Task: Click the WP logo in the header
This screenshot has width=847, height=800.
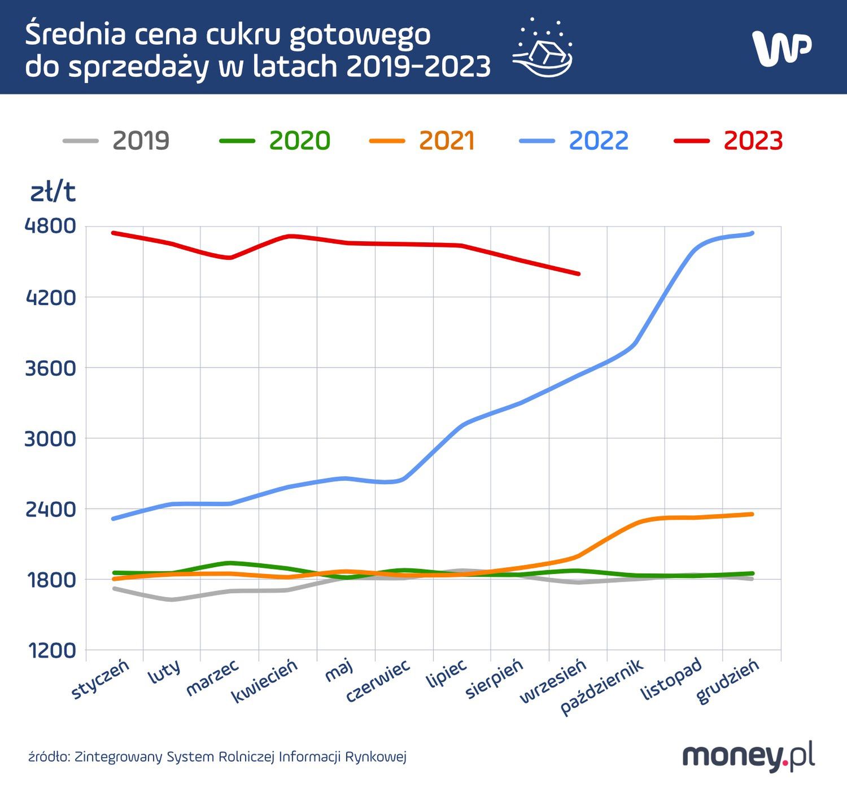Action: [x=781, y=48]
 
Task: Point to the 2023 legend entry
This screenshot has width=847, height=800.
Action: [x=729, y=141]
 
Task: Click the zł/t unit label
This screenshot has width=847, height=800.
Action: [x=53, y=193]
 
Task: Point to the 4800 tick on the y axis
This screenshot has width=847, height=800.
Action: [x=50, y=226]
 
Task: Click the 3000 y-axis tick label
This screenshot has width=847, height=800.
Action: [x=50, y=438]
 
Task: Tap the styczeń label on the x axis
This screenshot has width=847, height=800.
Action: [x=101, y=679]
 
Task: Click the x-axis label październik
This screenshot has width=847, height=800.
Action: [x=602, y=686]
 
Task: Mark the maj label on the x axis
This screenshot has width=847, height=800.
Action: [x=339, y=672]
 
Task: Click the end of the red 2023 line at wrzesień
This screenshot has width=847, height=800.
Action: [x=578, y=274]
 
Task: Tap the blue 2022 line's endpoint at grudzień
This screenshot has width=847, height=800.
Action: [x=752, y=233]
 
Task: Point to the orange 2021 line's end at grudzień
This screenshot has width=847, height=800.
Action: [x=752, y=514]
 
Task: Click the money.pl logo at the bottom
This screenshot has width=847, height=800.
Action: [x=748, y=756]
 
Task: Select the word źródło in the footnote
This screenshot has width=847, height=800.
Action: [x=49, y=756]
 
